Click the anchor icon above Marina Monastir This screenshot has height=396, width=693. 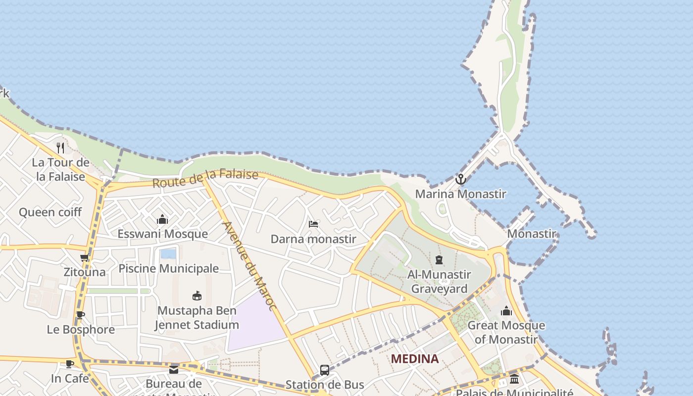(x=461, y=179)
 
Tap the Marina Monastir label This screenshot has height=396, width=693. (x=460, y=194)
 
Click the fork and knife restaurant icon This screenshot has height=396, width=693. (x=60, y=148)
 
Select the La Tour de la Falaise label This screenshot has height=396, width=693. (x=60, y=169)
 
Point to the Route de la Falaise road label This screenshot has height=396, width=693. (x=205, y=179)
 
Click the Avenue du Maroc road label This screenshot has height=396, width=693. (x=249, y=266)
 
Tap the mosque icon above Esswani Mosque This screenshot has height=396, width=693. (x=162, y=219)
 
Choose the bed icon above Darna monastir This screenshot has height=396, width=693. (x=313, y=224)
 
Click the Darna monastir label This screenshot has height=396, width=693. (x=313, y=239)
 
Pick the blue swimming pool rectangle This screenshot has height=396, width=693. (x=168, y=254)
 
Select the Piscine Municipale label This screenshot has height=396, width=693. (x=168, y=268)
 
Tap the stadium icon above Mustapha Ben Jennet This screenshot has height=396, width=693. (x=197, y=296)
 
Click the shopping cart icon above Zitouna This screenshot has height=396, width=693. (x=85, y=257)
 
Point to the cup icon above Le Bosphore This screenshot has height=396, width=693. (x=80, y=315)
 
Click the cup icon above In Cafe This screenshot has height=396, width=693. (x=70, y=364)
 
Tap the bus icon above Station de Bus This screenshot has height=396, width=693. (x=325, y=370)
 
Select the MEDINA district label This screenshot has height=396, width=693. (x=415, y=359)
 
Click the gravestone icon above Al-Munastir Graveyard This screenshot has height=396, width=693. (x=439, y=260)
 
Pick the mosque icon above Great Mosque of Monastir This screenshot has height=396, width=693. (x=506, y=311)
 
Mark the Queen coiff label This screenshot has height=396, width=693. (x=50, y=212)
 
